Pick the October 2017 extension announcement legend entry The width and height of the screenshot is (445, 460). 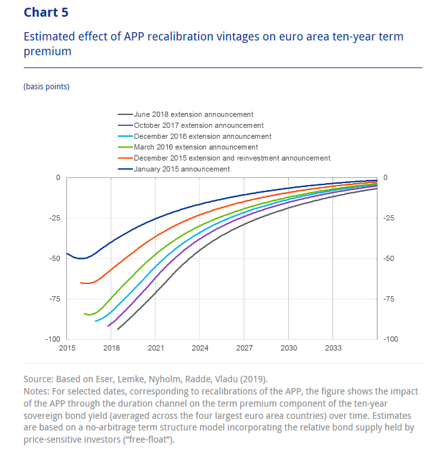tap(198, 125)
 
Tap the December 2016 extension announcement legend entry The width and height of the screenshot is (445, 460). tap(202, 136)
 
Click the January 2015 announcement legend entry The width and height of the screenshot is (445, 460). tap(181, 169)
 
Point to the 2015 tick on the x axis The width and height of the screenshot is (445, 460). tap(67, 348)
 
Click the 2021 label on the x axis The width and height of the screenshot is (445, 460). tap(155, 348)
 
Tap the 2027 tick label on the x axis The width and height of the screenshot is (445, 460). tap(244, 348)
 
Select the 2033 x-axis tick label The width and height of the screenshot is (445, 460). tap(332, 348)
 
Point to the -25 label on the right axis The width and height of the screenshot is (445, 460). tap(388, 218)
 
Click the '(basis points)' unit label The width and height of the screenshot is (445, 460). tap(46, 86)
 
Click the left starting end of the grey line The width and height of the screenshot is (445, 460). tap(117, 329)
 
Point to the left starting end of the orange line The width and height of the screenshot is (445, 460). tap(80, 282)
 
